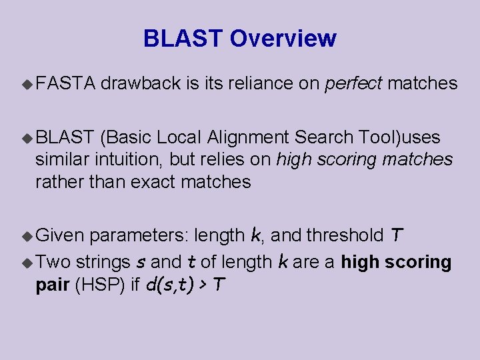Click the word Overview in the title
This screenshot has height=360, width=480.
click(x=283, y=39)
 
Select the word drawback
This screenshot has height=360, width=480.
click(x=142, y=83)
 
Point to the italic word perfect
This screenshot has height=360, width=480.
click(x=353, y=83)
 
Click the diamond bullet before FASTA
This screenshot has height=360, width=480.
click(x=27, y=84)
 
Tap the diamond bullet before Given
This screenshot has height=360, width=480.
click(x=27, y=235)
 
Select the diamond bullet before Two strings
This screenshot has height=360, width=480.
click(x=27, y=263)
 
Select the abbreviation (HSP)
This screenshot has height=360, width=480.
click(x=99, y=285)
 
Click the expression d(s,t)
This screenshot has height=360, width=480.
click(x=171, y=285)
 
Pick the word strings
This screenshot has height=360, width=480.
click(x=103, y=263)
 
